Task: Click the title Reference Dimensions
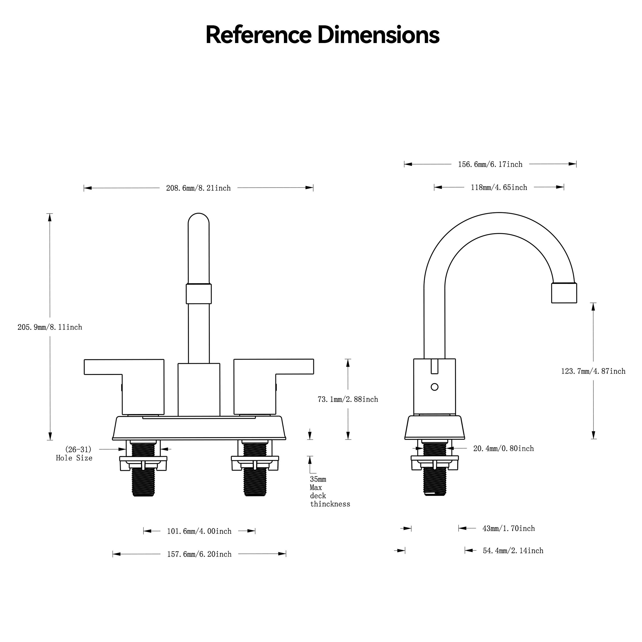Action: click(x=322, y=35)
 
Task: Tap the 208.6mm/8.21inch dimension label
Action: click(x=198, y=188)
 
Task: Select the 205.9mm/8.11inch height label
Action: click(x=50, y=327)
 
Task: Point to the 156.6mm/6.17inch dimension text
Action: click(x=490, y=164)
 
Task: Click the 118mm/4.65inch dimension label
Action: click(x=499, y=188)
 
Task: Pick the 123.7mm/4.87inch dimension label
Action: click(x=593, y=371)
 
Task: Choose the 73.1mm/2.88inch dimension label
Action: click(x=348, y=399)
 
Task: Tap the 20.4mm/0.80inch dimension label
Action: click(x=504, y=449)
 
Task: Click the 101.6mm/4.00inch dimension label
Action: click(x=199, y=531)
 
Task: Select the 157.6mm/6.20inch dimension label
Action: click(x=199, y=554)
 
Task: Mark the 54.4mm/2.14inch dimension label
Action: click(x=513, y=551)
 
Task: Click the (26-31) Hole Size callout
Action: click(x=74, y=454)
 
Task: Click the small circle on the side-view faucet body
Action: click(x=434, y=387)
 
